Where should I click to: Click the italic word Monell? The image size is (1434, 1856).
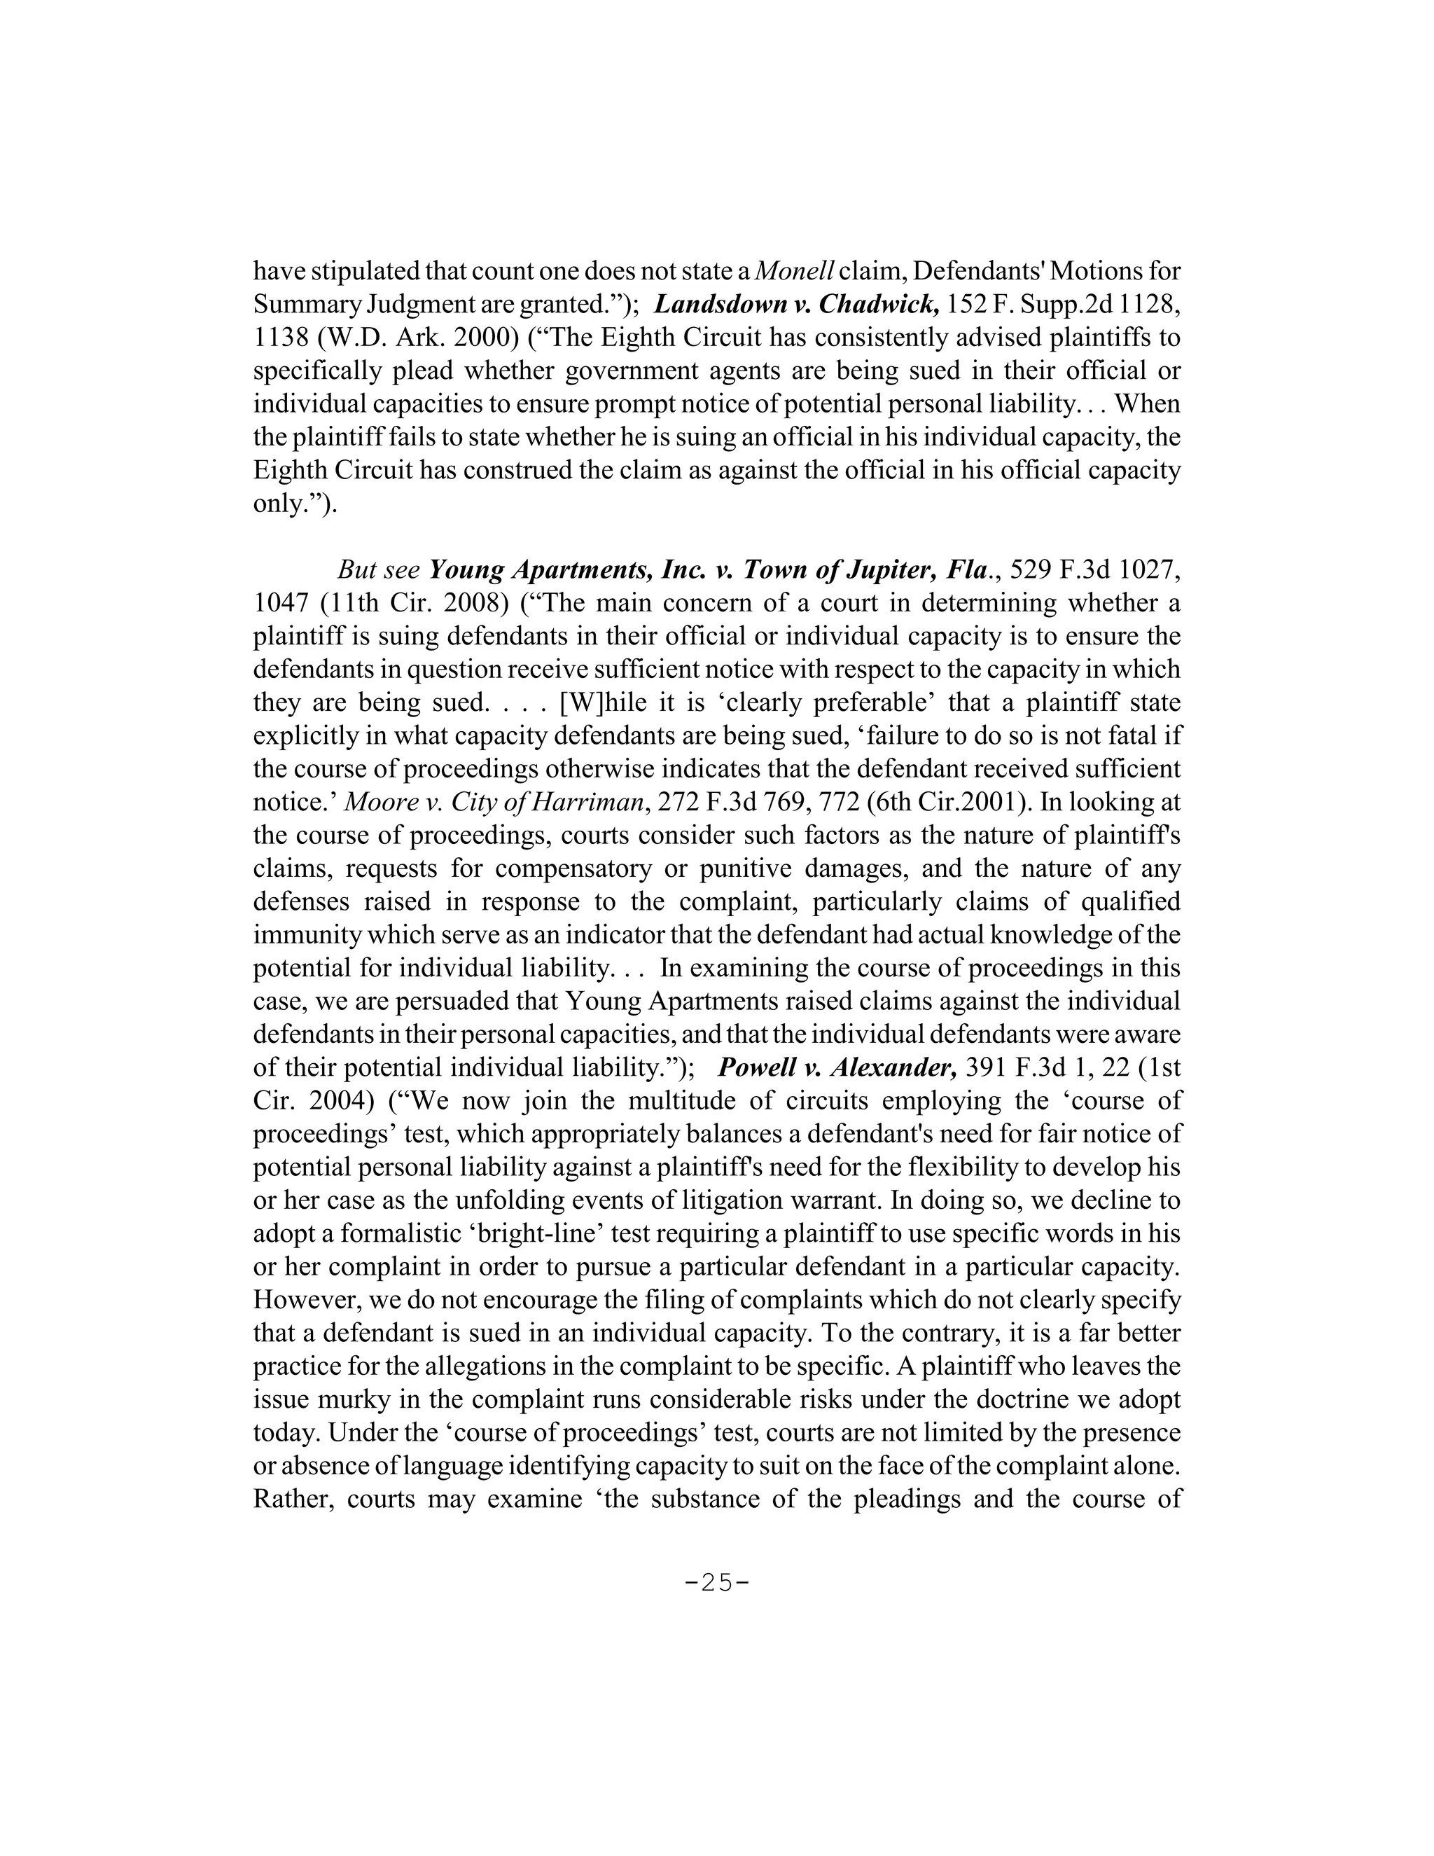tap(794, 271)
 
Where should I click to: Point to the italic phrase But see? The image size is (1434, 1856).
tap(379, 569)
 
